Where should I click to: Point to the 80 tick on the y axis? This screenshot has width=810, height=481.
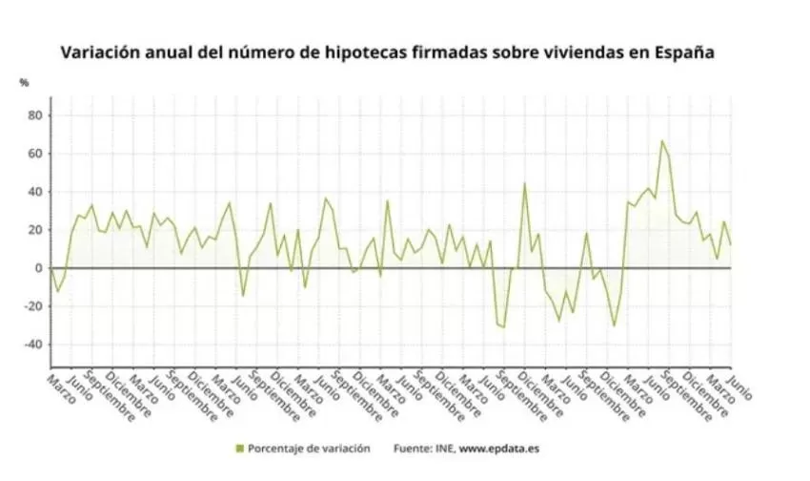point(35,115)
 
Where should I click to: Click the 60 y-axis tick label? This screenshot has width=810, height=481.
point(35,154)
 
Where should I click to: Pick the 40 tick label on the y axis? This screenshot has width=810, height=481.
point(35,192)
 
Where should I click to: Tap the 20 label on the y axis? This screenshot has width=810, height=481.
point(35,230)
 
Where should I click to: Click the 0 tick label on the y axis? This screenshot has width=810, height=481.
point(39,268)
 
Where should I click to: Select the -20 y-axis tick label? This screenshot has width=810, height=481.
point(32,306)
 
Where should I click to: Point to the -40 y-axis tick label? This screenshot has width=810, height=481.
point(32,345)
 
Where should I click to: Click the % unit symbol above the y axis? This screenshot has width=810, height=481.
point(24,82)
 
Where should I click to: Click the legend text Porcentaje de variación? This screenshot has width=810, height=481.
point(309,448)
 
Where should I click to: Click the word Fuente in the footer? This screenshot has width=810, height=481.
point(412,448)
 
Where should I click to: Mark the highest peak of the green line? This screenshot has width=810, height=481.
point(662,141)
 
